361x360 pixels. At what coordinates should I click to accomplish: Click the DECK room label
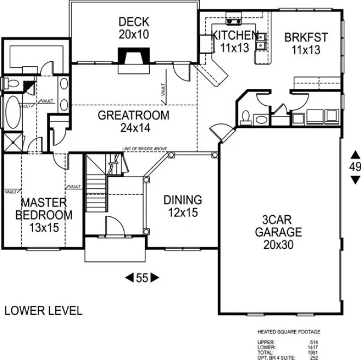coord(134,22)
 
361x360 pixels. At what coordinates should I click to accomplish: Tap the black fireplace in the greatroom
coord(134,56)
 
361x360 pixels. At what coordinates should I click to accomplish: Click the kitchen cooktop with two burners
coord(235,22)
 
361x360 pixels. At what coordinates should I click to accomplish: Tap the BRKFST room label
coord(306,37)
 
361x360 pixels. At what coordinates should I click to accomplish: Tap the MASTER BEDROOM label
coord(43,208)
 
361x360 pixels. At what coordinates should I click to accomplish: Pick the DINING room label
coord(182,200)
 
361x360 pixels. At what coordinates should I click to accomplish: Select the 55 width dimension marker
coord(142,278)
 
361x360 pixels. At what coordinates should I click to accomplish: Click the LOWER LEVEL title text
coord(43,311)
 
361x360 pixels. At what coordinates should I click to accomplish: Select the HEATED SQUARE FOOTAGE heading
coord(288,331)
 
